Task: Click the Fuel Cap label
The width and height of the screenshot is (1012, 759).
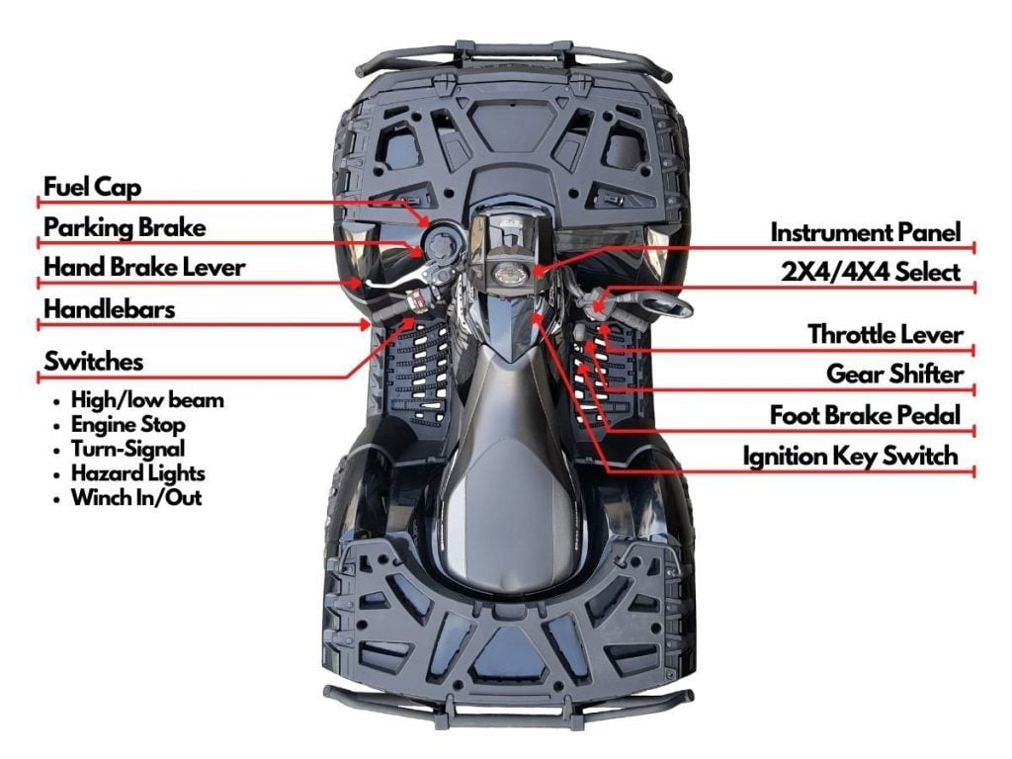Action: pyautogui.click(x=92, y=187)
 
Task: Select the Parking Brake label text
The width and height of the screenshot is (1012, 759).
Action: pyautogui.click(x=125, y=228)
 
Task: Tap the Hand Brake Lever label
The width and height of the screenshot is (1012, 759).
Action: pyautogui.click(x=144, y=268)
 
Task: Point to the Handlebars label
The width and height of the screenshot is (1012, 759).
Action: pyautogui.click(x=109, y=309)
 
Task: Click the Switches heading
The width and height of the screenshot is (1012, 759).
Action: pyautogui.click(x=93, y=362)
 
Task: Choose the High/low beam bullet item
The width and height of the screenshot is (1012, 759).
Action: pyautogui.click(x=147, y=400)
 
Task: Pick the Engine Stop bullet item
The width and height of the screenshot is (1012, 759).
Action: pyautogui.click(x=127, y=425)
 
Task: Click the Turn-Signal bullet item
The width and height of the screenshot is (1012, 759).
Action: pyautogui.click(x=127, y=450)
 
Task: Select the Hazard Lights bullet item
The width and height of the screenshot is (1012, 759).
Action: pyautogui.click(x=137, y=473)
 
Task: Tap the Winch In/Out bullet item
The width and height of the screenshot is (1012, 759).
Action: pyautogui.click(x=136, y=497)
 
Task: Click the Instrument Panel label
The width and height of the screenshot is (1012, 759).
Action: pyautogui.click(x=865, y=233)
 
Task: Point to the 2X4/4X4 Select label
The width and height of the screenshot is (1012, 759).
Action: pyautogui.click(x=871, y=273)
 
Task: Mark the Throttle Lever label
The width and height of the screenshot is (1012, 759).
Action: pyautogui.click(x=885, y=335)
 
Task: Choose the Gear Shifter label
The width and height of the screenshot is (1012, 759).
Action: pyautogui.click(x=893, y=375)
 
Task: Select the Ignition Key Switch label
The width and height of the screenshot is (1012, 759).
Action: pyautogui.click(x=850, y=457)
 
